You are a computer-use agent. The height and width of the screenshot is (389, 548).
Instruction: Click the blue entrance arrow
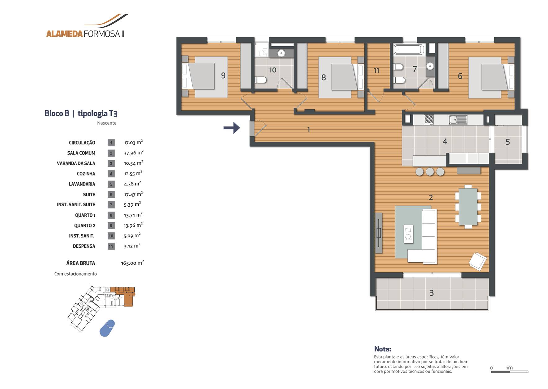point(232,128)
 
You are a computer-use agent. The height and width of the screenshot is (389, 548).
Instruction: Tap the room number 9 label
point(223,76)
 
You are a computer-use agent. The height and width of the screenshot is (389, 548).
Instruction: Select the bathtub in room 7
point(409,49)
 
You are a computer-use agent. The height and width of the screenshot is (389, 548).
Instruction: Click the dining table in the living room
point(468,206)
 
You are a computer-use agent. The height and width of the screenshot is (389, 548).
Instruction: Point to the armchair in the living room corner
point(477,261)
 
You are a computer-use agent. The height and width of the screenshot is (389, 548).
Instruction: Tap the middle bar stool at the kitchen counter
point(430,172)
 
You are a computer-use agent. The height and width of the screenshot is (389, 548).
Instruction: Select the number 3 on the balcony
point(431,293)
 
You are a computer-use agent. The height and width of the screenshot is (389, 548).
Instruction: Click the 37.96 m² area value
point(133,153)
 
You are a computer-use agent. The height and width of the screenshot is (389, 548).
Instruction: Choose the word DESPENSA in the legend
point(84,246)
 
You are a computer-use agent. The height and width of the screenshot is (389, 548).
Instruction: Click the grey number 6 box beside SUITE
point(111,194)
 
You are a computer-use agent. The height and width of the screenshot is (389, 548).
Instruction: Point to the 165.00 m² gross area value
point(132,263)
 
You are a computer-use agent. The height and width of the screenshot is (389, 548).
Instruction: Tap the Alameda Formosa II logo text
point(85,34)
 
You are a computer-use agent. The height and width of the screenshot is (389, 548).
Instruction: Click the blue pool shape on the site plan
point(107,328)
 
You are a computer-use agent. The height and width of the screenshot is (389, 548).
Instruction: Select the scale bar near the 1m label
point(510,372)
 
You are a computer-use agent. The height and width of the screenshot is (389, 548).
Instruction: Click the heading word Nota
point(382,349)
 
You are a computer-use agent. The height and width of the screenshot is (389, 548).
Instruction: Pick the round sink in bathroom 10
point(281,53)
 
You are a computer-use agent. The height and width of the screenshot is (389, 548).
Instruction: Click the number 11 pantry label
point(376,71)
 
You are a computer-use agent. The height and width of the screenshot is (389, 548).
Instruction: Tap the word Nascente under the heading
point(106,123)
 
